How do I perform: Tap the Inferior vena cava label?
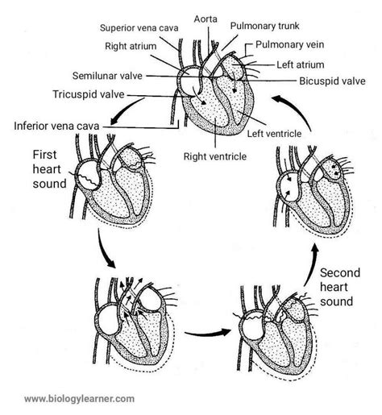60,126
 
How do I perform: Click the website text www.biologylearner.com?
80,398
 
